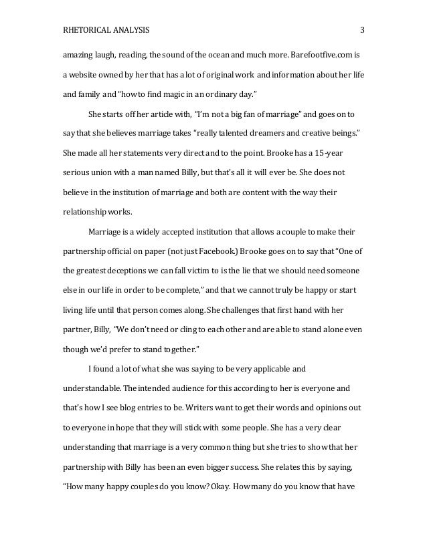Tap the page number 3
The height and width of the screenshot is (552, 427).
362,30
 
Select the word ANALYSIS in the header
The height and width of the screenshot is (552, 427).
131,30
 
